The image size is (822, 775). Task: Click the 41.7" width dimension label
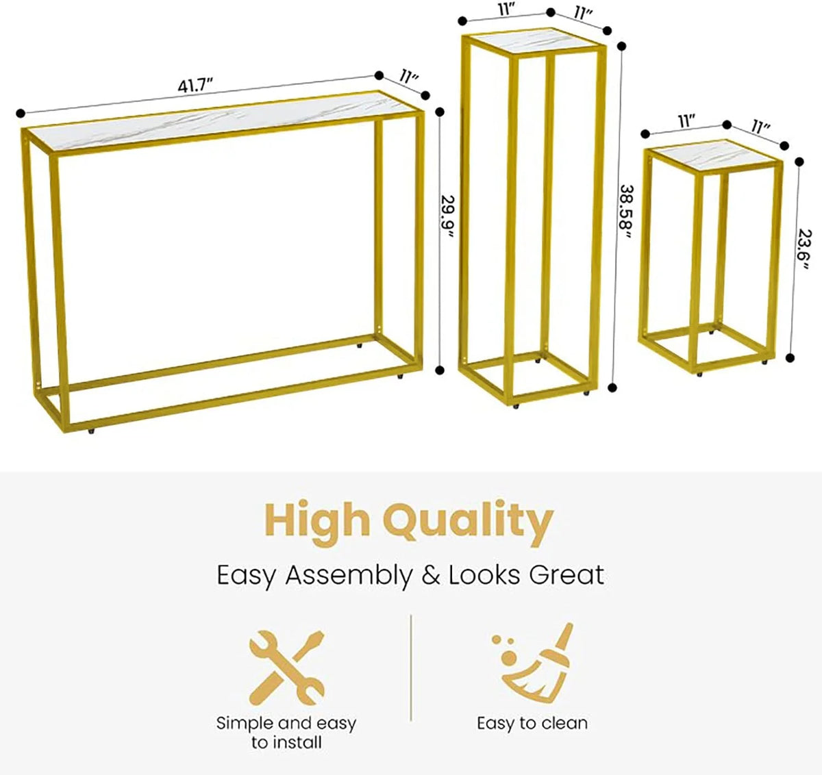(195, 86)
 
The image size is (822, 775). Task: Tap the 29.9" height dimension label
(447, 216)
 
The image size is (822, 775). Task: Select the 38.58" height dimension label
(626, 212)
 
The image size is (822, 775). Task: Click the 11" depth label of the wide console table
(410, 77)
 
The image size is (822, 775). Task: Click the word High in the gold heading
(316, 519)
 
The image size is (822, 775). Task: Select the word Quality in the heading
(468, 523)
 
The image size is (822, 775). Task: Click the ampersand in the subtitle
(430, 575)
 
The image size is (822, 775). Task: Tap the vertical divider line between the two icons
(410, 668)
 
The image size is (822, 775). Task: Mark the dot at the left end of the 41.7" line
(21, 113)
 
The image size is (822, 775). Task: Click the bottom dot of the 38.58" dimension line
(613, 387)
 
